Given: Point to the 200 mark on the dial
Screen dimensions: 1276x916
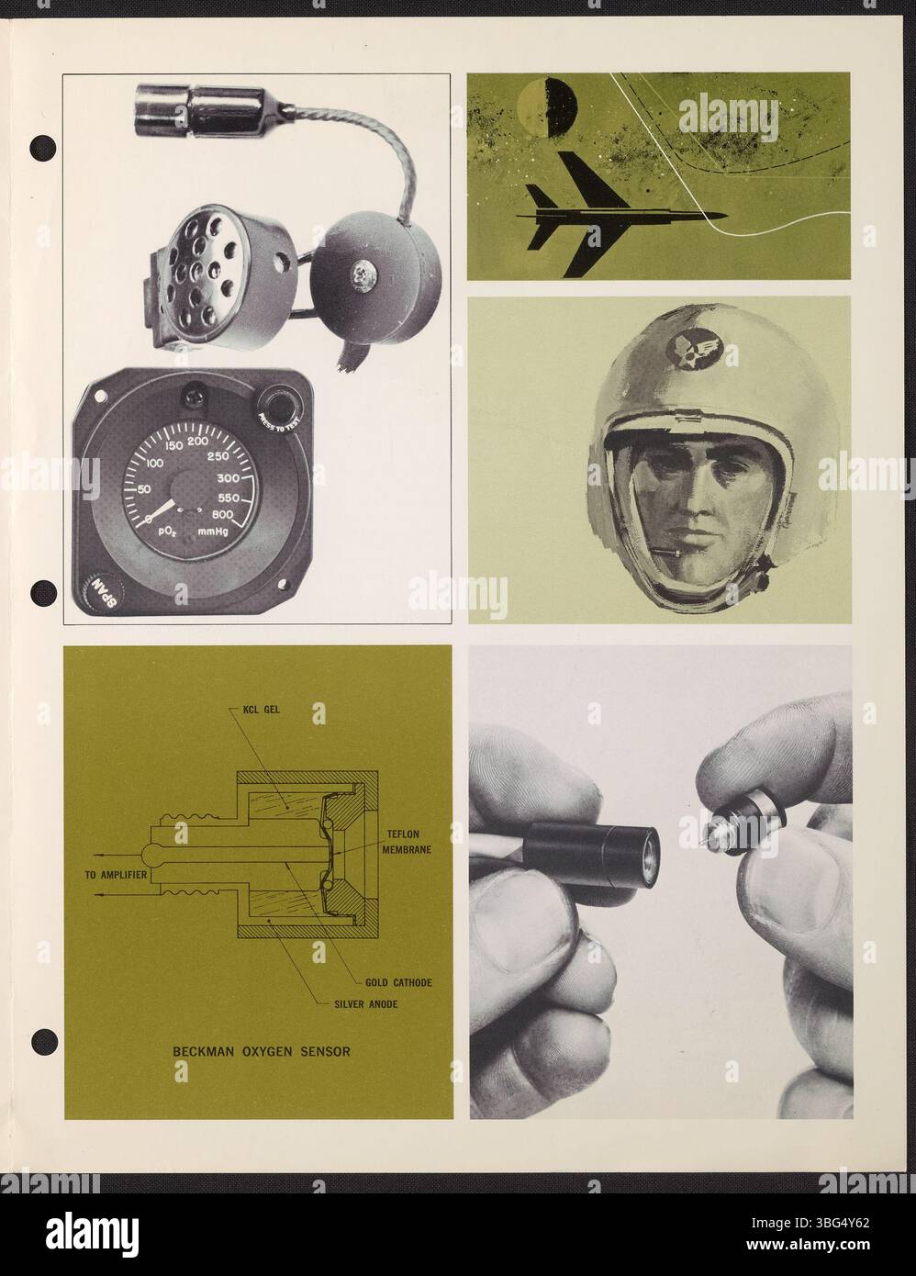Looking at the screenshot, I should coord(198,442).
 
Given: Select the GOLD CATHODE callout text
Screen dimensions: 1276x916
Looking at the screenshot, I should coord(397,982).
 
